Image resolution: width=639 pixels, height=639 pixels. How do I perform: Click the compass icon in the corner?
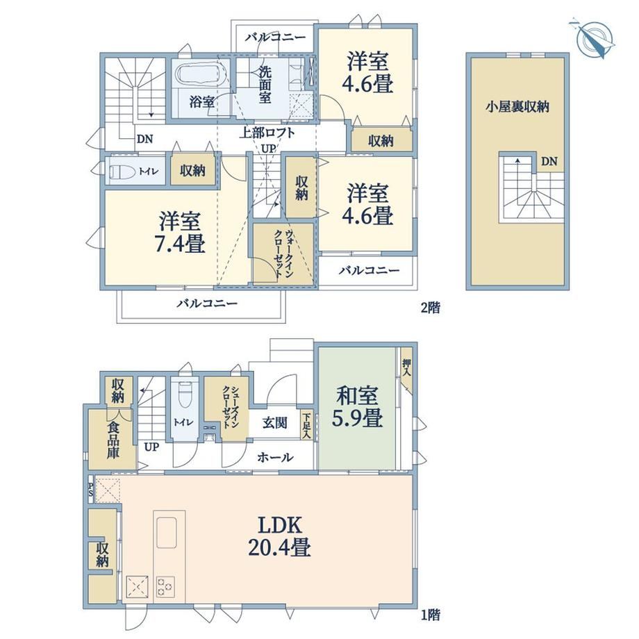[x=593, y=39]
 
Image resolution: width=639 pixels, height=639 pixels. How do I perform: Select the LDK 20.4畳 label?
[x=279, y=536]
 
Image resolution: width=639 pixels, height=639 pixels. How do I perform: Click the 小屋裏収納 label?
[x=517, y=107]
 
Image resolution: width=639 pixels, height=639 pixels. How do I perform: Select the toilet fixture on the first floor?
[x=185, y=394]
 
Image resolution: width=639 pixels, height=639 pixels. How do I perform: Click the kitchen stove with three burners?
[x=165, y=587]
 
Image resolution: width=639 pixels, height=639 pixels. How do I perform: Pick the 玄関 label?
[x=274, y=422]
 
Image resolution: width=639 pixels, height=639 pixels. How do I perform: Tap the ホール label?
[x=275, y=457]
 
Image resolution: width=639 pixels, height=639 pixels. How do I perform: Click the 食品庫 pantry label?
[x=113, y=440]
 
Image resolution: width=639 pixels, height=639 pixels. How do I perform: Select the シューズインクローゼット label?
[x=231, y=406]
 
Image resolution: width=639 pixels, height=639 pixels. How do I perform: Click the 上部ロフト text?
[x=267, y=133]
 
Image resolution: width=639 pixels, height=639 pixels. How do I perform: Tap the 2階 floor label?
[x=431, y=307]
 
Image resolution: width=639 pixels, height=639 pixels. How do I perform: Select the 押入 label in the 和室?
[x=406, y=367]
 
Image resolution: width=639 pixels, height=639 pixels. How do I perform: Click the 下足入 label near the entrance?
[x=306, y=426]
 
